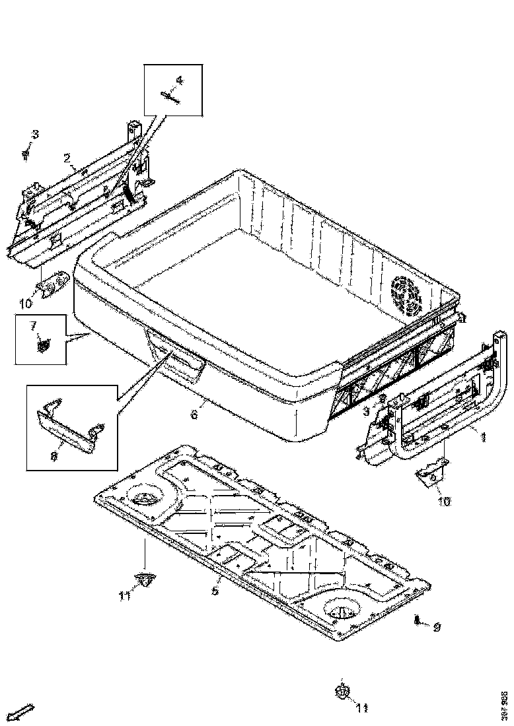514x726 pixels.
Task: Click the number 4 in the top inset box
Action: [179, 81]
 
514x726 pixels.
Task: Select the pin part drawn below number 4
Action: [171, 96]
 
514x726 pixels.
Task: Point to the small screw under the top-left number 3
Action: [26, 155]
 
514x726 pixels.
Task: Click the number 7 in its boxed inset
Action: [32, 325]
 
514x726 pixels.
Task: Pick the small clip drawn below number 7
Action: [44, 344]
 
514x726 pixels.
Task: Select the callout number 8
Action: [54, 455]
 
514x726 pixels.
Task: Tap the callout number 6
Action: [194, 414]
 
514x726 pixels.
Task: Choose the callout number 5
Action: [215, 590]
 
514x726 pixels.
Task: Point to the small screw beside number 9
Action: [418, 620]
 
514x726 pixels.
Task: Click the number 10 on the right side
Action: [443, 502]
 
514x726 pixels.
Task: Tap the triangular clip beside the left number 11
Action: [145, 579]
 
